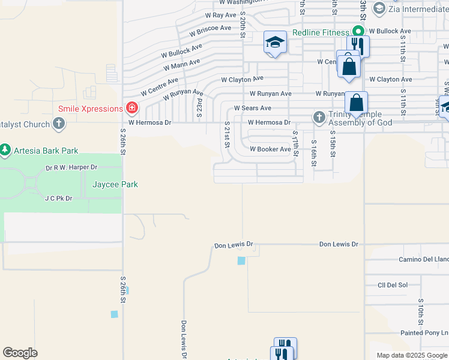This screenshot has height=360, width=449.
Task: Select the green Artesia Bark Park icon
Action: pos(5,148)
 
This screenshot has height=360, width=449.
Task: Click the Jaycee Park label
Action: pos(115,184)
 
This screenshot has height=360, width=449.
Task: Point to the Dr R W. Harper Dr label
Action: pos(71,167)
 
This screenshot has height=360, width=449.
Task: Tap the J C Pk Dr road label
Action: pos(58,197)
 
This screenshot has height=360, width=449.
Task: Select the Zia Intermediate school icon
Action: pos(379,8)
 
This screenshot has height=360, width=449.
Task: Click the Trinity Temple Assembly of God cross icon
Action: pos(319,118)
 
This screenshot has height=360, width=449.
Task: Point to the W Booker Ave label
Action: pos(270,149)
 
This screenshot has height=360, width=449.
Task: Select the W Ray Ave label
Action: pos(221,15)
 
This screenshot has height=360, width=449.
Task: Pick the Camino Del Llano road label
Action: pos(424,259)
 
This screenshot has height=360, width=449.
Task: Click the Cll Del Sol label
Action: pos(393,285)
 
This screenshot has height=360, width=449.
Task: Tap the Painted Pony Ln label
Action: pos(424,332)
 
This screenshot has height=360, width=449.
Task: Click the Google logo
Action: pos(20,353)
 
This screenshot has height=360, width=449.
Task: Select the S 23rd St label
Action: pos(199,109)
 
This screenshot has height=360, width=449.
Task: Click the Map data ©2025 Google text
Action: pos(411,355)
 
